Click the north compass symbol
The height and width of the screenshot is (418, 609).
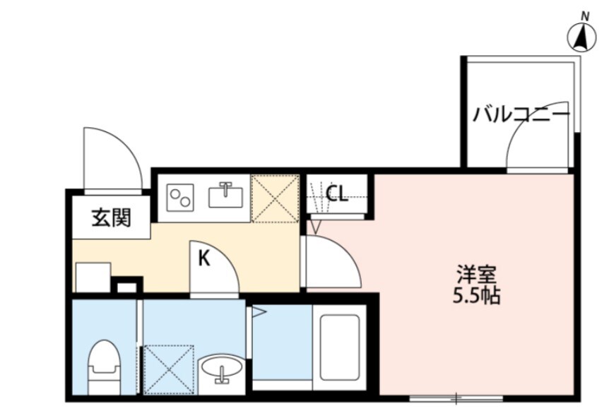point(582,37)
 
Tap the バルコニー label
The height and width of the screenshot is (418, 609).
point(521,114)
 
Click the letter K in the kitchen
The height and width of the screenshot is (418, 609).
point(203,259)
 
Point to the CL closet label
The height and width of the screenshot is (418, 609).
point(337,193)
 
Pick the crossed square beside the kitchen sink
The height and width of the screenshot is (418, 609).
point(274,198)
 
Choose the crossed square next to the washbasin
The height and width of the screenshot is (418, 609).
point(168,369)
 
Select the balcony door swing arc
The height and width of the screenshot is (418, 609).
point(536,148)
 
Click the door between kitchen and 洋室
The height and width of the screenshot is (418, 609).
point(331,262)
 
